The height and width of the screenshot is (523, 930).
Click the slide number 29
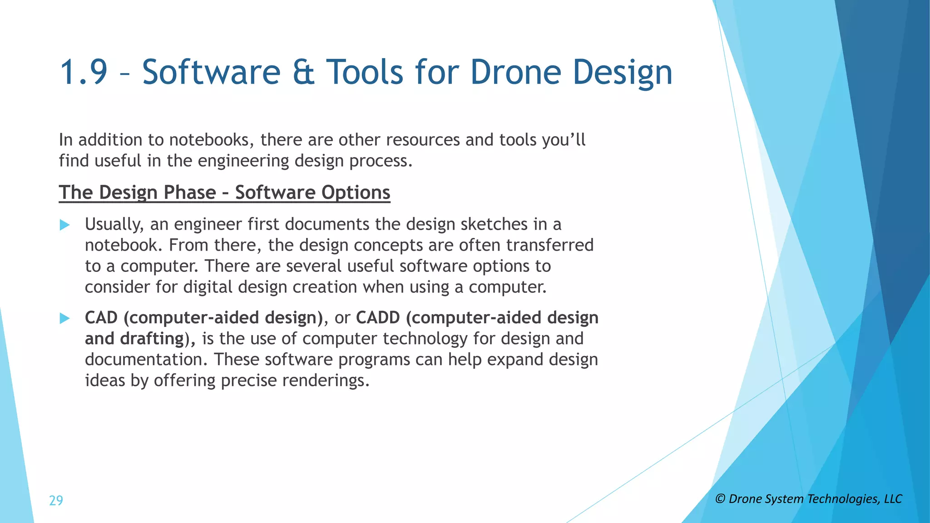56,500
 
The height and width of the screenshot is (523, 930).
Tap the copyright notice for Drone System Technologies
808,499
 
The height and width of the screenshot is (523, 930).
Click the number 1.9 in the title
84,72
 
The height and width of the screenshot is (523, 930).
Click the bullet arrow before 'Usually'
65,225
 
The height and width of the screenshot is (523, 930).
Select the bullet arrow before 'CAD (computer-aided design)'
65,318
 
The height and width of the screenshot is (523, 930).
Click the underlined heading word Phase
189,192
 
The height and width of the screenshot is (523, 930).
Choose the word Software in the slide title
212,72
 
